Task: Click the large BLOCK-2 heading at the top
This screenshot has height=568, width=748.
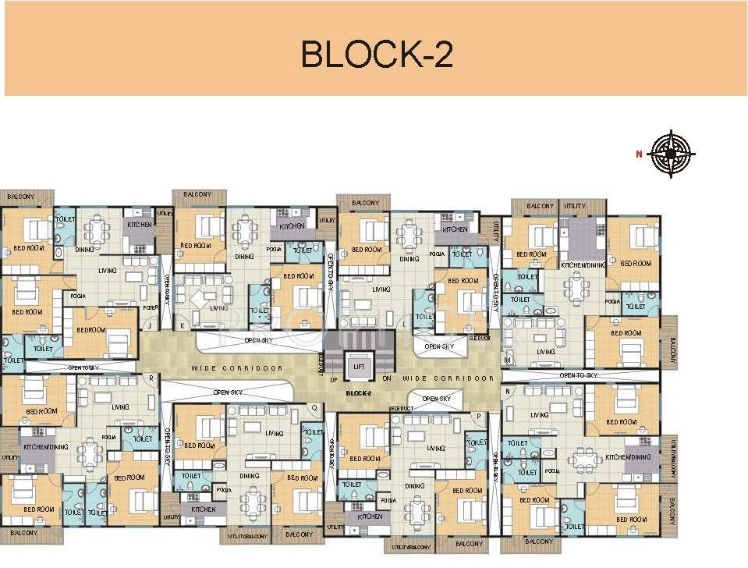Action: pos(377,54)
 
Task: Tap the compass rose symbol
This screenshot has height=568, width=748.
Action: pos(670,153)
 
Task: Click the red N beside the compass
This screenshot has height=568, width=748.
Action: pos(639,154)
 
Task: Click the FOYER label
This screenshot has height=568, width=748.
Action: pos(151,307)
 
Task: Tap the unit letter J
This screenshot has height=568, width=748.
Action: pos(149,325)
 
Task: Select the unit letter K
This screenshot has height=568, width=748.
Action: pos(183,325)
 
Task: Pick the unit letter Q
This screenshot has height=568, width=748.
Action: pos(314,406)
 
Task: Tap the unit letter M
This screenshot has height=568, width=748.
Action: pos(508,360)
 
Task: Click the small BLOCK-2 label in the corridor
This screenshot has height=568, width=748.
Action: pos(359,394)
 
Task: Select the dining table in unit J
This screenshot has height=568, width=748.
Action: pos(97,229)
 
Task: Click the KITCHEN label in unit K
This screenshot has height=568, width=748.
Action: pos(292,225)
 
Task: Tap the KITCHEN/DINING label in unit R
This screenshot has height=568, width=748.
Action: pos(43,446)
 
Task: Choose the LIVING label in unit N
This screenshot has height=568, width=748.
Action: pos(540,415)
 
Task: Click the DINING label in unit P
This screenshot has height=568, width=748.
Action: pos(415,486)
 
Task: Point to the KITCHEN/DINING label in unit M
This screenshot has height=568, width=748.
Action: pos(583,265)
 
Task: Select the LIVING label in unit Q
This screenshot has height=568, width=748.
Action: pos(275,433)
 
